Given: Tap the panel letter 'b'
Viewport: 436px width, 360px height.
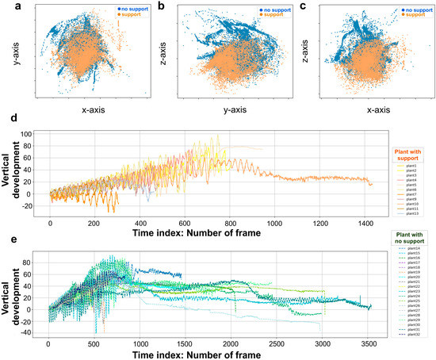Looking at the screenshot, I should [162, 7].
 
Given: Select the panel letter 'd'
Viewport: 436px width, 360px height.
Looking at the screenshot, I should [6, 124].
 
